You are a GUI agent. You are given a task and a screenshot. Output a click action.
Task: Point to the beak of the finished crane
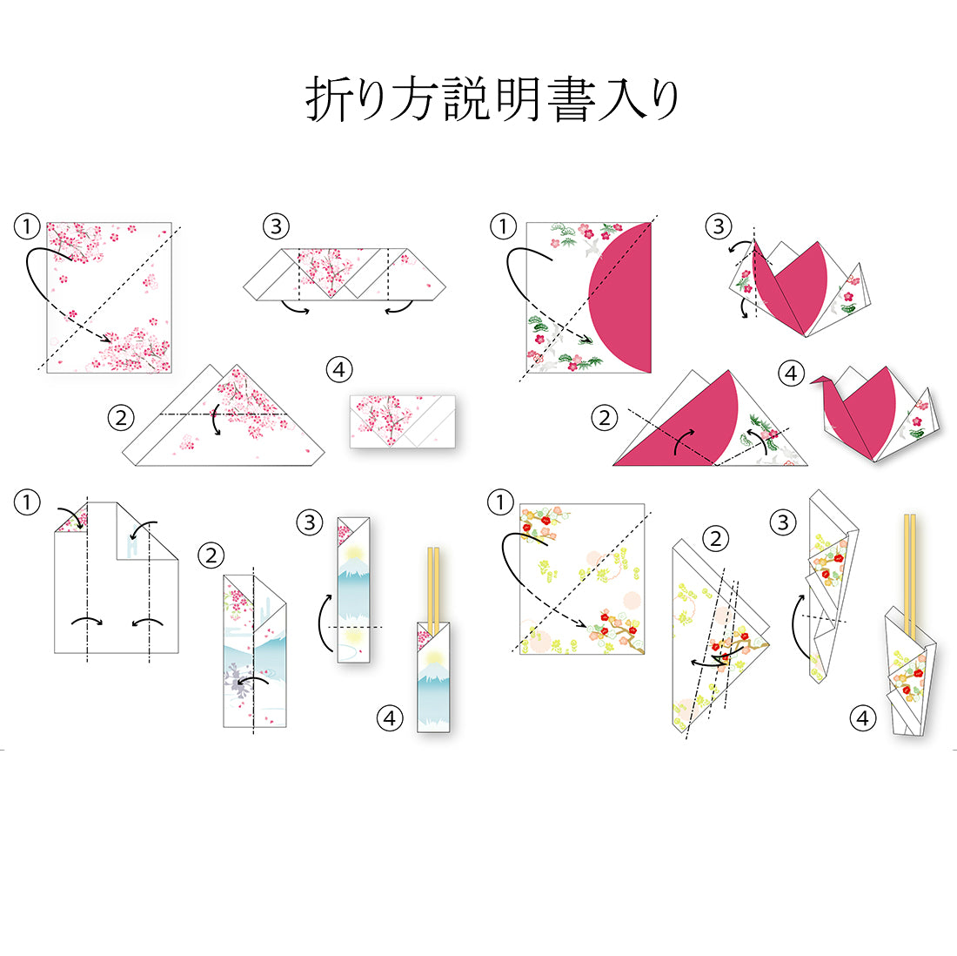(x=813, y=381)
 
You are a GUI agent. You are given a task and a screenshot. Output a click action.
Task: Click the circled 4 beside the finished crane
(x=791, y=373)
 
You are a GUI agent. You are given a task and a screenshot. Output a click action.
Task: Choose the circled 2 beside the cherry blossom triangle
(x=121, y=418)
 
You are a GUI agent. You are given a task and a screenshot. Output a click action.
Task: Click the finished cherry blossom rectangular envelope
(x=402, y=421)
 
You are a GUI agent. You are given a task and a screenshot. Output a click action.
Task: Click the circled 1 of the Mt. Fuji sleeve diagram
(x=27, y=502)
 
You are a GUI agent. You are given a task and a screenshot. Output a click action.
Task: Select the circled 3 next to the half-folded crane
(x=719, y=226)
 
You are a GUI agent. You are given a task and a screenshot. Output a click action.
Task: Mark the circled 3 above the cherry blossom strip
(x=276, y=226)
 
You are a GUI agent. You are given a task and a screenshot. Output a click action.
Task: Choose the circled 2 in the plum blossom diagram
(x=715, y=538)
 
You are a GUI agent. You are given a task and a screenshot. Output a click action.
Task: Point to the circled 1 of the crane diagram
(x=503, y=226)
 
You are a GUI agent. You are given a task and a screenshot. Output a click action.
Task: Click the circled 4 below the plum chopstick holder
(x=862, y=717)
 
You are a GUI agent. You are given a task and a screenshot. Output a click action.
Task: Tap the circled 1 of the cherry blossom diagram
(x=27, y=226)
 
